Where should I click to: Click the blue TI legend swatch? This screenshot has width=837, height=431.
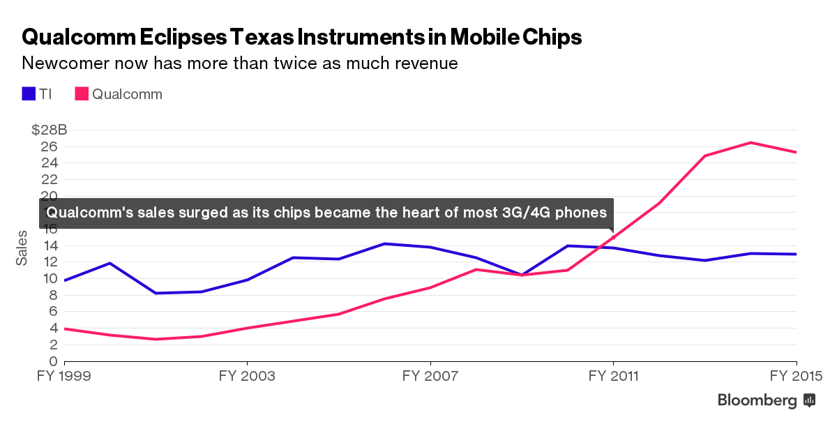coord(29,94)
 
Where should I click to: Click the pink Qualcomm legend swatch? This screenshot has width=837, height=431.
coord(82,94)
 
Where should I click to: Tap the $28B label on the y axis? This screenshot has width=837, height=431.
coord(49,130)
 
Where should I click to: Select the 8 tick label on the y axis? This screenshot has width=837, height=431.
coord(52,295)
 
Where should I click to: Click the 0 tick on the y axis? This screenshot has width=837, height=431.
coord(52,361)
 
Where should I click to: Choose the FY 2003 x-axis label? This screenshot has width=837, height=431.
coord(247,377)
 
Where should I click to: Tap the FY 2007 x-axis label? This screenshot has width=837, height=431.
coord(430,377)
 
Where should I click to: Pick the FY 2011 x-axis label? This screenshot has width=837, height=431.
coord(614,377)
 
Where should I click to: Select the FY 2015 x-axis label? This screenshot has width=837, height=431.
coord(796,377)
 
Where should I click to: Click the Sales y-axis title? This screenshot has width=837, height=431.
coord(22,248)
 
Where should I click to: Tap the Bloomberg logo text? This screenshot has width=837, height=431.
coord(757,400)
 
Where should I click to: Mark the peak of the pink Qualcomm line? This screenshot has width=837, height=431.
coord(751,143)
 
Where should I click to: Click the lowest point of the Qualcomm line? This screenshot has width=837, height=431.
coord(156,340)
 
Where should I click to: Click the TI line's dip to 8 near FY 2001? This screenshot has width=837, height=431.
coord(156,293)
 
